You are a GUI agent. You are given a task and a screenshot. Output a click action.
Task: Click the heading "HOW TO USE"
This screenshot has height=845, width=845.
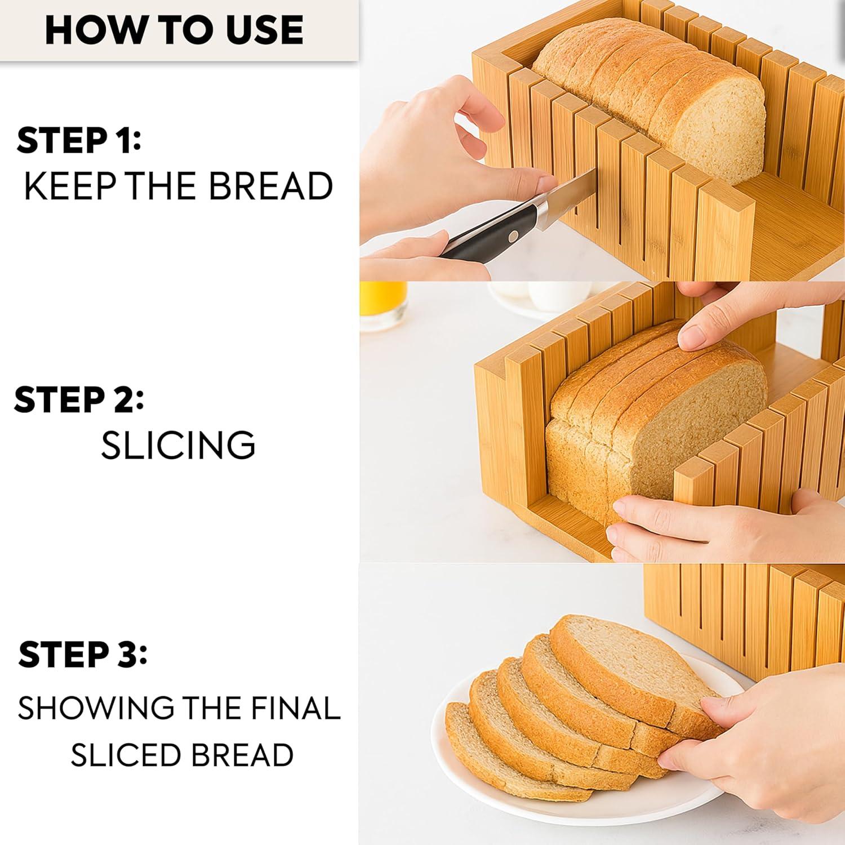[174, 30]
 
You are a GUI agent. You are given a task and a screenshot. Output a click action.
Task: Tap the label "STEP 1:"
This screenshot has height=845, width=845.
[79, 140]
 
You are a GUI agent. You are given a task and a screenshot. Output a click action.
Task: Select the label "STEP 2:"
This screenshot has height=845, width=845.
[79, 399]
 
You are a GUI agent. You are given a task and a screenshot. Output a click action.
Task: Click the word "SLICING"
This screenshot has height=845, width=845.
[178, 445]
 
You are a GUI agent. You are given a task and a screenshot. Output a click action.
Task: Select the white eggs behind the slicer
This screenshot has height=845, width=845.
[541, 296]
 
